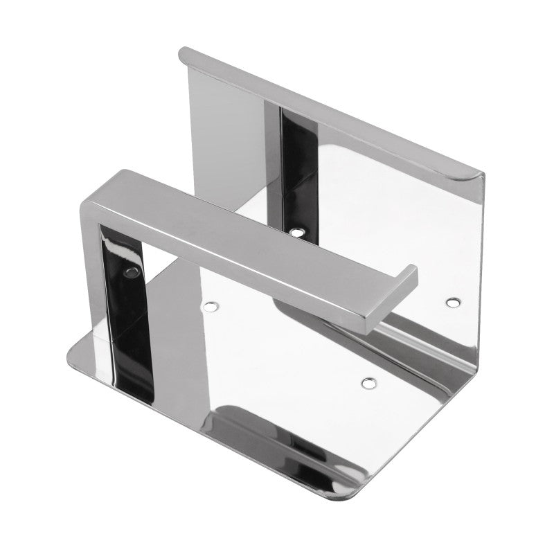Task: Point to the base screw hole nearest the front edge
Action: point(368,381)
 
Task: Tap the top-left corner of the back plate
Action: point(184,52)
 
